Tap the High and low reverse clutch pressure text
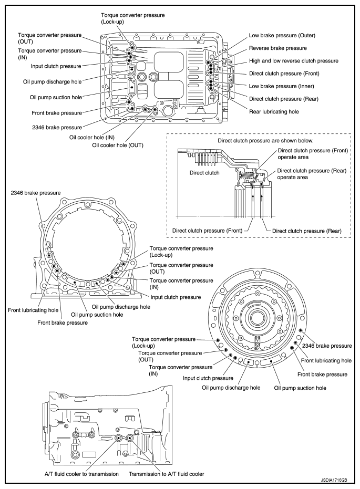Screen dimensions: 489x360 click(293, 61)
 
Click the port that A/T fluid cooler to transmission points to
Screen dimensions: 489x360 click(119, 438)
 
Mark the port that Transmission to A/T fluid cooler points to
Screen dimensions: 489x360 click(129, 437)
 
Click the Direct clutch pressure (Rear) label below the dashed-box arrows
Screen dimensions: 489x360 click(307, 231)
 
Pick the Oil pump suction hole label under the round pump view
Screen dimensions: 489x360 click(300, 388)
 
